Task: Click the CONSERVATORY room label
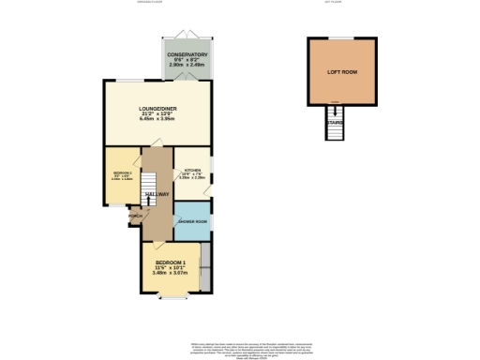[187, 54]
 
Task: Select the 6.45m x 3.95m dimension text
[157, 119]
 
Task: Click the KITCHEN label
[193, 172]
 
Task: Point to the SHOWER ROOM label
[192, 222]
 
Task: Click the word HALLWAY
[156, 194]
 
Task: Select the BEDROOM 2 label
[122, 174]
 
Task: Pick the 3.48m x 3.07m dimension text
[172, 273]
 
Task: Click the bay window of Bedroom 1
[172, 298]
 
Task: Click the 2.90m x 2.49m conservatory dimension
[187, 67]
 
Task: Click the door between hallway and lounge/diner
[158, 142]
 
